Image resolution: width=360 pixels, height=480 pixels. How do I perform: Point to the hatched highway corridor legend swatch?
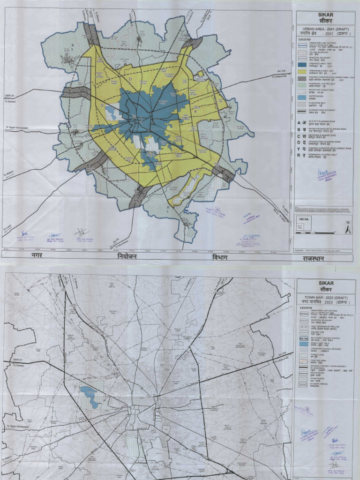tap(303, 78)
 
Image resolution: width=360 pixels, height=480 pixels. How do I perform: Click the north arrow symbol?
tap(348, 228)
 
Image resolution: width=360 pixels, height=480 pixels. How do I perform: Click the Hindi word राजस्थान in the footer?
tap(316, 258)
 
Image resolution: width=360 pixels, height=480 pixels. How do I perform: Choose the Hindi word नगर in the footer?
tap(40, 255)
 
